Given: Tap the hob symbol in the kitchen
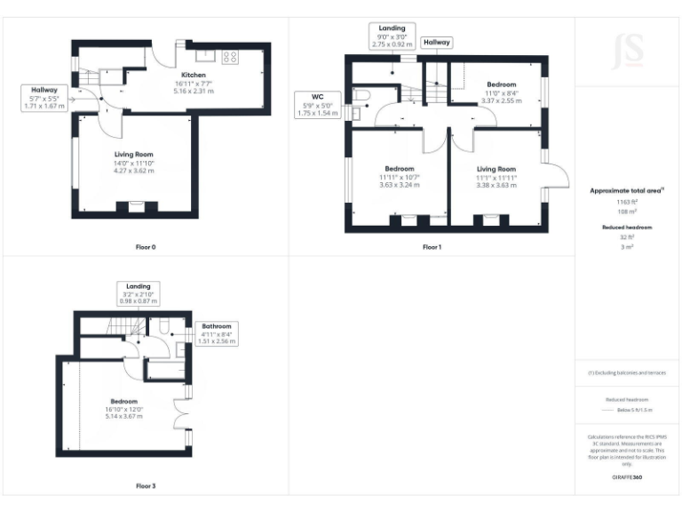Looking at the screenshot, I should [229, 57].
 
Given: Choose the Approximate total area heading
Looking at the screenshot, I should [627, 190].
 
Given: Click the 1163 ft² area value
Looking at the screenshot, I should [627, 202].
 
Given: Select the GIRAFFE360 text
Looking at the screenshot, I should [627, 478].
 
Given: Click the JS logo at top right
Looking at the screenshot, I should [628, 51].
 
